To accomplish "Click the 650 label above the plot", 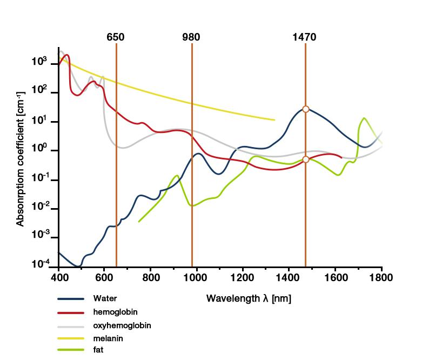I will pyautogui.click(x=116, y=37).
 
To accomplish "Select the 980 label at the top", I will pyautogui.click(x=191, y=37).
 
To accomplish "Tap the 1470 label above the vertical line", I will pyautogui.click(x=304, y=37).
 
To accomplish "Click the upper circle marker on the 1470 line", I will pyautogui.click(x=306, y=109).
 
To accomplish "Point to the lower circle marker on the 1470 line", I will pyautogui.click(x=306, y=159).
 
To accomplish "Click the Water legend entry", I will pyautogui.click(x=105, y=298).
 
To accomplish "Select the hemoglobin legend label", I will pyautogui.click(x=115, y=312).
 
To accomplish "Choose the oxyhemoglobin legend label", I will pyautogui.click(x=122, y=325).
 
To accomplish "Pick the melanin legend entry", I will pyautogui.click(x=108, y=338).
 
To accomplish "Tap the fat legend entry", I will pyautogui.click(x=98, y=350).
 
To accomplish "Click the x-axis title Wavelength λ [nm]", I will pyautogui.click(x=249, y=298).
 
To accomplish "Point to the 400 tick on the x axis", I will pyautogui.click(x=58, y=278).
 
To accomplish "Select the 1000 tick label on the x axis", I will pyautogui.click(x=197, y=278).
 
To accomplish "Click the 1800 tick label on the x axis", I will pyautogui.click(x=381, y=278).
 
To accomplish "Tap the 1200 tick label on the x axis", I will pyautogui.click(x=243, y=278).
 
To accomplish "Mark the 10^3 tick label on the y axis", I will pyautogui.click(x=39, y=62).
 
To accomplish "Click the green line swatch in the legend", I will pyautogui.click(x=71, y=350).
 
